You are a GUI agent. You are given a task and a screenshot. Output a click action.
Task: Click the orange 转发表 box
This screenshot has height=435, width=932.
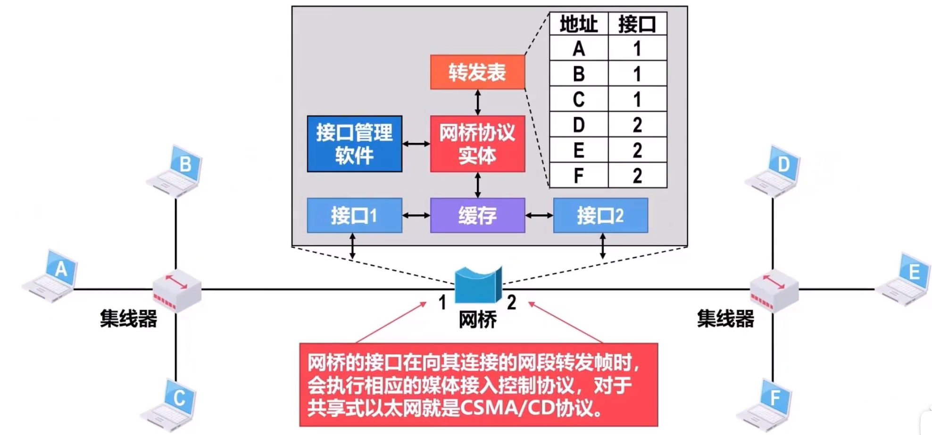tap(477, 72)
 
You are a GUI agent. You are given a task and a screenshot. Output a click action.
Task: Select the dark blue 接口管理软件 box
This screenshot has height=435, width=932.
tap(354, 144)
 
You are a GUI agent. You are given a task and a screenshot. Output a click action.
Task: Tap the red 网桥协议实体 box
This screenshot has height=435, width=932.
tap(477, 144)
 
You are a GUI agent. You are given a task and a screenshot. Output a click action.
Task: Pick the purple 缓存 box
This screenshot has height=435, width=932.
tap(477, 215)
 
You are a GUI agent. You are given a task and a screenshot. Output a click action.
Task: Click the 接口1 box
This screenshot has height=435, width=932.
tap(354, 215)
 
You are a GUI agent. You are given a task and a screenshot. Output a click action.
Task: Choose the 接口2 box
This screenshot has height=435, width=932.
tap(600, 215)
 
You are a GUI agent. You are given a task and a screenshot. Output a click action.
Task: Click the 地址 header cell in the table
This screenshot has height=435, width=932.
tap(579, 24)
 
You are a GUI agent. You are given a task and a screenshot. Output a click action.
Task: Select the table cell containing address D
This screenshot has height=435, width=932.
tap(579, 124)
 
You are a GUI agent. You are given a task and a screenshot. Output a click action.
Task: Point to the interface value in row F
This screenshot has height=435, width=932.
tap(637, 175)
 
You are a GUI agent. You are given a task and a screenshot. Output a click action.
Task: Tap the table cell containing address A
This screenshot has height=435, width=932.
tap(579, 48)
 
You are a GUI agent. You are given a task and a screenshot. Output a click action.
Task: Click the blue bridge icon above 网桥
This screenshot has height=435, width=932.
tap(477, 285)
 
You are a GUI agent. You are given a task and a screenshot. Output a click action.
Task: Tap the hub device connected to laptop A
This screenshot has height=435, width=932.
tap(177, 291)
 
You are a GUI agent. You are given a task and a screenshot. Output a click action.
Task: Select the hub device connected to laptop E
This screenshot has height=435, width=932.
tap(774, 291)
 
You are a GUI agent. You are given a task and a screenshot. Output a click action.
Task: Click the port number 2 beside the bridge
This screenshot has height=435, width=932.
tap(511, 303)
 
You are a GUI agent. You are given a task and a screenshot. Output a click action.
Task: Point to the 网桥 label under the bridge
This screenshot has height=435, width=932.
tap(477, 320)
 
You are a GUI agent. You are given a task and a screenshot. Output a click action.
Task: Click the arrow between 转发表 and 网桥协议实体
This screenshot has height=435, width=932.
tap(477, 102)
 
